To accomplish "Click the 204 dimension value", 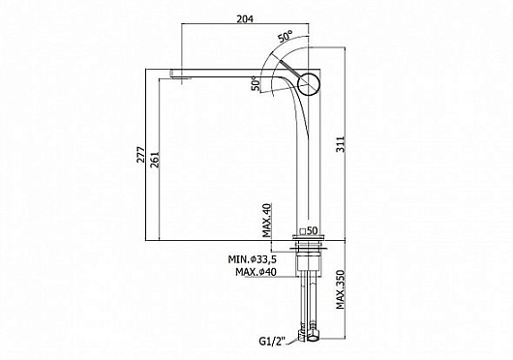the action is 245,19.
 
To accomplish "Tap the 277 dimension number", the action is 140,155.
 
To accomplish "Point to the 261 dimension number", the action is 155,160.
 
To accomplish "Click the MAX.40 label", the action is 267,221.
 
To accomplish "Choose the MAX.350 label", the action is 341,289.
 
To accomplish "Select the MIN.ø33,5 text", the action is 253,259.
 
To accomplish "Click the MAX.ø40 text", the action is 256,272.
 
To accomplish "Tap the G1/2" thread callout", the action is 272,342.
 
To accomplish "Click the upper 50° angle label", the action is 286,36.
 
